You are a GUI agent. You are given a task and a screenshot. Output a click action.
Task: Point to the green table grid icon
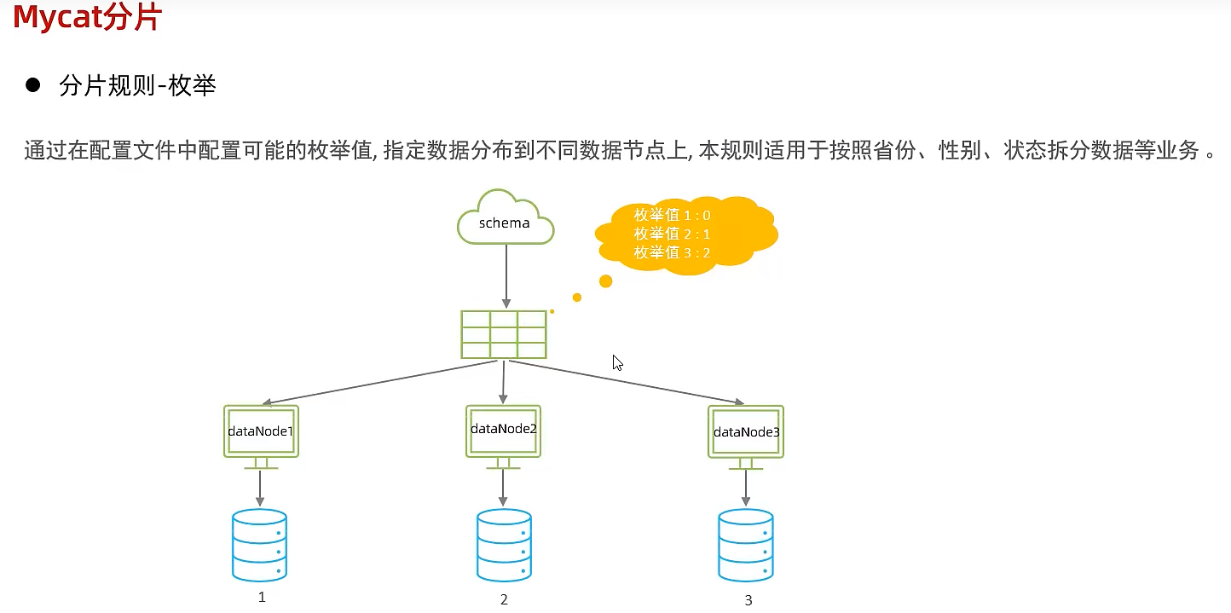504,335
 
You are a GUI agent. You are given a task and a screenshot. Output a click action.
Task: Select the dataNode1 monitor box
261,431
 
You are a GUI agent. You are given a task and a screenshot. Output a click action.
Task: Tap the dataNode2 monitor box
504,430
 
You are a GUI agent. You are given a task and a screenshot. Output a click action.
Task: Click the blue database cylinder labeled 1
260,546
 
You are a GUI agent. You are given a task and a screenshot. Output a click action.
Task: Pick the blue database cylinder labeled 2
504,546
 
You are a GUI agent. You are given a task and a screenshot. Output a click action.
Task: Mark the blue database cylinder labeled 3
746,546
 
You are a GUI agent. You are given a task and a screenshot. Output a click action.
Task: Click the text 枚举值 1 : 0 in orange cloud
672,215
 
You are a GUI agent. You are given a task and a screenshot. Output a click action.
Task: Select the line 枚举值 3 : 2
672,252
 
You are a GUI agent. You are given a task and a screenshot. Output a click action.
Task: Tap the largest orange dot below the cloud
606,280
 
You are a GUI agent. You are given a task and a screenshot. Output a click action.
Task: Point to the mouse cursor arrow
616,361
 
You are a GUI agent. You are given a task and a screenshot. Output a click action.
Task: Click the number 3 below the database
748,600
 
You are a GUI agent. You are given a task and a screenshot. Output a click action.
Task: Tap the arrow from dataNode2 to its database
504,488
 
